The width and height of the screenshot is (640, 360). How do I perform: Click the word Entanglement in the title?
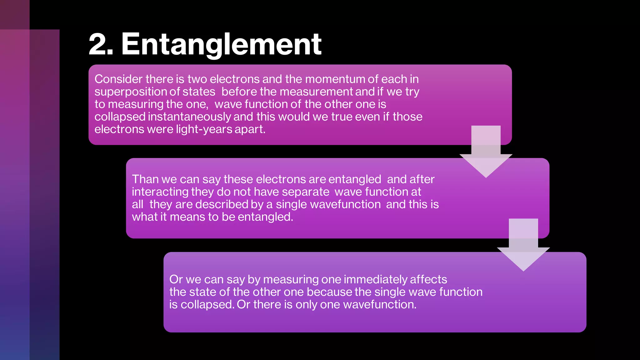(x=221, y=44)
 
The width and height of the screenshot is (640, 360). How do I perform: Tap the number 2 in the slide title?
(x=97, y=44)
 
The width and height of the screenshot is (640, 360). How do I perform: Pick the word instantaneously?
(x=189, y=117)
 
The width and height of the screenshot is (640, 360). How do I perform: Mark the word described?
(x=222, y=204)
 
